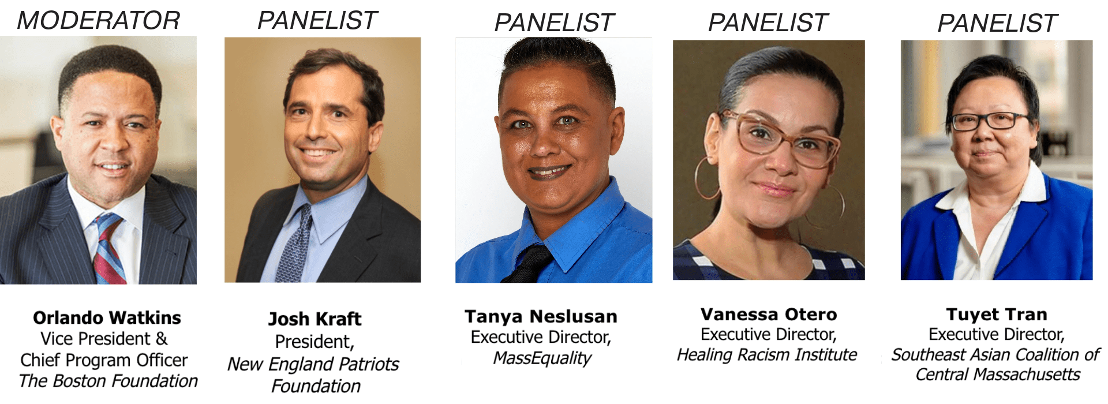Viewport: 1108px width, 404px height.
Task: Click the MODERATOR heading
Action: coord(99,21)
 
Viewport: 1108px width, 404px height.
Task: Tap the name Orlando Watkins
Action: coord(107,317)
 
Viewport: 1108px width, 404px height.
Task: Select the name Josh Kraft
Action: coord(315,319)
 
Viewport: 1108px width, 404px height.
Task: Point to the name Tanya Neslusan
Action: coord(541,316)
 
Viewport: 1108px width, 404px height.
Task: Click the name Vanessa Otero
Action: coord(769,314)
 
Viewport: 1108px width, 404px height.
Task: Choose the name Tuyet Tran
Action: coord(997,314)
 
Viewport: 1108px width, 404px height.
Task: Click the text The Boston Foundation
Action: coord(108,381)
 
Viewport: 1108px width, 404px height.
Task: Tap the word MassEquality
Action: coord(542,358)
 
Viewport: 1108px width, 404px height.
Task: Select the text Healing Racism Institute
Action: coord(767,354)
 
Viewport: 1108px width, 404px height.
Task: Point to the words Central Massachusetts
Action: coord(998,375)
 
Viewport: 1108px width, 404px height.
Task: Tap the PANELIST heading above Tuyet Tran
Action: coord(997,23)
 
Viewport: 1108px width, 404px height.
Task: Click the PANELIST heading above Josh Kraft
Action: coord(317,21)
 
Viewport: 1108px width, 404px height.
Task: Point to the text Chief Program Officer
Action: coord(104,360)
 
